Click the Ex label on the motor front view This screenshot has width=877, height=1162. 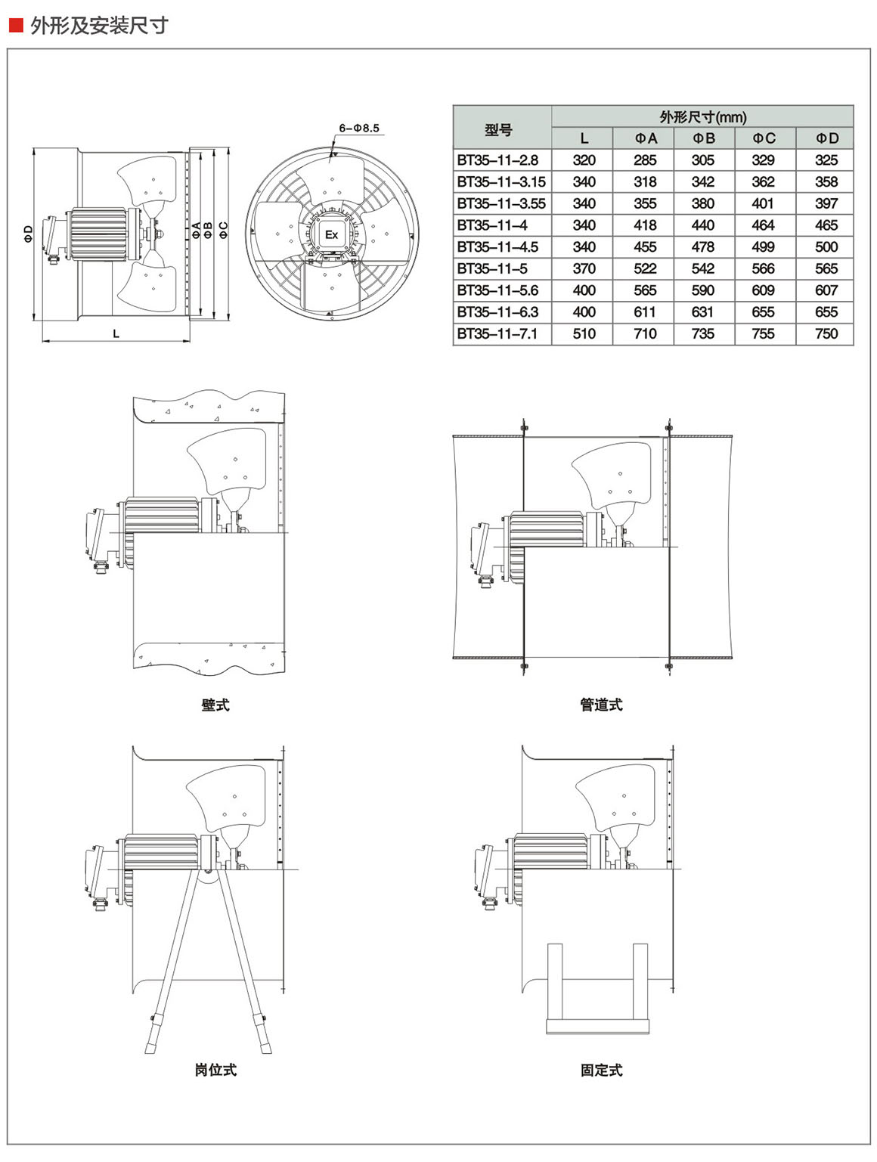pos(331,234)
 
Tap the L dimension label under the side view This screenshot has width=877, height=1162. pos(116,333)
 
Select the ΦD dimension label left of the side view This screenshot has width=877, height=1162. pos(28,233)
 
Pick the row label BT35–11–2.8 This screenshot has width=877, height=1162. pos(497,160)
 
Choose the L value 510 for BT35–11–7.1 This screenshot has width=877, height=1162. pos(584,334)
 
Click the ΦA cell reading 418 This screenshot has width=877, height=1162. pos(645,225)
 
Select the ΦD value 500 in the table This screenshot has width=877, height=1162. pos(826,247)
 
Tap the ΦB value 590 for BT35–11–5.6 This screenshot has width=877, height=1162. pos(702,290)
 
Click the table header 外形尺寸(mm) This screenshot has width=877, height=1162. pos(702,117)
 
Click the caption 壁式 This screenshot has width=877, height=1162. pos(215,705)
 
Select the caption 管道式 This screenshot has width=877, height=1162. pos(601,705)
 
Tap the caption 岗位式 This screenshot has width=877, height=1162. pos(215,1070)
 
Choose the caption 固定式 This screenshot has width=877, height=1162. pos(601,1070)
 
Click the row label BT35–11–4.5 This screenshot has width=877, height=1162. pos(497,247)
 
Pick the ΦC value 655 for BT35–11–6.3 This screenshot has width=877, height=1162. pos(764,312)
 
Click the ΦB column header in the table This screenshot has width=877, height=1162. pos(702,138)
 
